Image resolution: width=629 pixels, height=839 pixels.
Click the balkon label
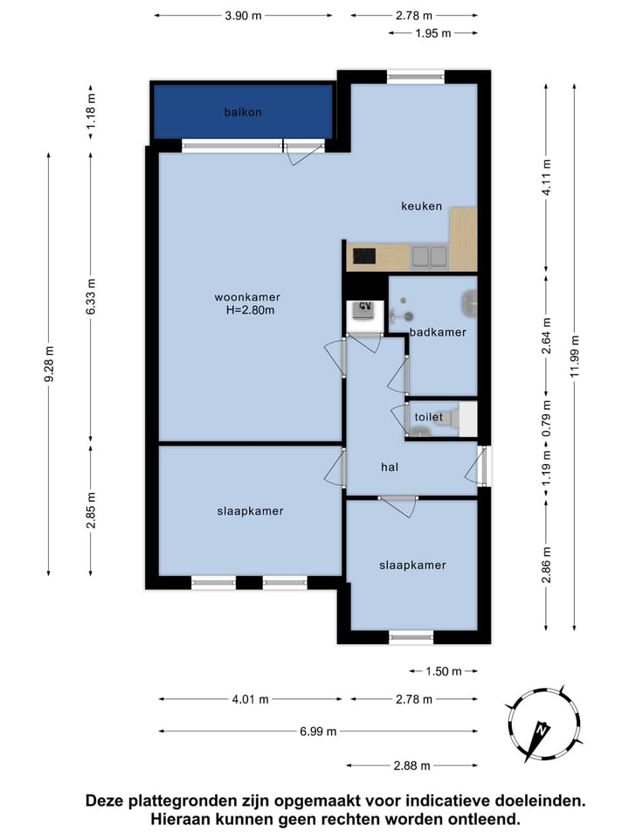243,113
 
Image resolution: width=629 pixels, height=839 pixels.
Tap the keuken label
421,206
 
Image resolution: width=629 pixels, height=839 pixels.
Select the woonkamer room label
247,297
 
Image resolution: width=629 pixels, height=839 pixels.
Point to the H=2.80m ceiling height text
251,310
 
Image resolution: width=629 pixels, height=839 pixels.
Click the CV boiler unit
365,315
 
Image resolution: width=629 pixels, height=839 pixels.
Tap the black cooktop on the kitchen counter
363,256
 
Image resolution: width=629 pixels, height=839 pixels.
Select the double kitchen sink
429,256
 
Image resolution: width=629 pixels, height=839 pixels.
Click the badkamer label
438,332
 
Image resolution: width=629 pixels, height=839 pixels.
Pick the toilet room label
428,417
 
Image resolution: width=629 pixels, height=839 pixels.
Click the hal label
390,467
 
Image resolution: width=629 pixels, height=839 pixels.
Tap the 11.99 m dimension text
575,356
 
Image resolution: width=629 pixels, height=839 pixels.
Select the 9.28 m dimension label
49,364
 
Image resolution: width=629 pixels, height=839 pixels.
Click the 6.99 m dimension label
318,732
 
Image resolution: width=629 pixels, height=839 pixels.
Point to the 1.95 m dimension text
433,33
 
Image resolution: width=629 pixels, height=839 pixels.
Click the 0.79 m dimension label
547,419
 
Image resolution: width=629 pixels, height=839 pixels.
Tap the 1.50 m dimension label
444,671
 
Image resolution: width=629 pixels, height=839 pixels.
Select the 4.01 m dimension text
251,699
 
